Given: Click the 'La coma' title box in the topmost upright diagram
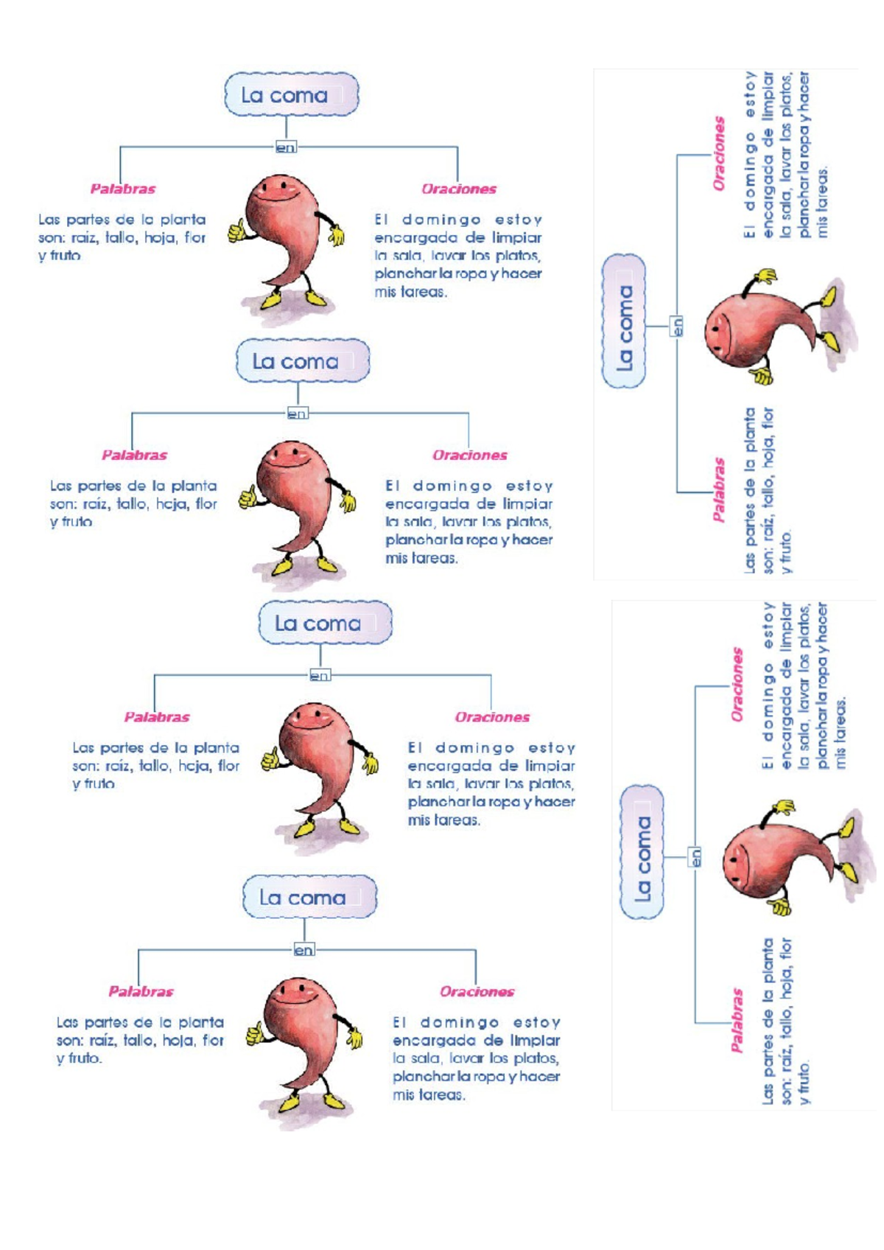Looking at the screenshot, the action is coord(291,94).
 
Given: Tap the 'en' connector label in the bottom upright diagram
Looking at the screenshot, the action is coord(304,950).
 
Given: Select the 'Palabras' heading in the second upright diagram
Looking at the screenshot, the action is coord(134,455).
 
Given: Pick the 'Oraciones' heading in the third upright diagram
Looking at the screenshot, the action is coord(492,717).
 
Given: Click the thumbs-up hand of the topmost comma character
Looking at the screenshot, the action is coord(236,230).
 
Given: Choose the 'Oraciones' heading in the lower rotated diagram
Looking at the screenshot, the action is coord(737,684).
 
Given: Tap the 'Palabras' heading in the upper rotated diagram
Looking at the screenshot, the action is coord(719,490).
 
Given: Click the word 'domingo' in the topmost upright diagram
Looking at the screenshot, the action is coord(441,220).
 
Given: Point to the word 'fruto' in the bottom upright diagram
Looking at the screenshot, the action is coord(83,1058).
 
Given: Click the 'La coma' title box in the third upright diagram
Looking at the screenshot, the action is coord(325,623).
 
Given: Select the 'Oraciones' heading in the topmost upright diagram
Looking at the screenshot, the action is coord(458,189).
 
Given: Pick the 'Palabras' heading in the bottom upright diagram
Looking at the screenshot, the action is coord(141,991).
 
